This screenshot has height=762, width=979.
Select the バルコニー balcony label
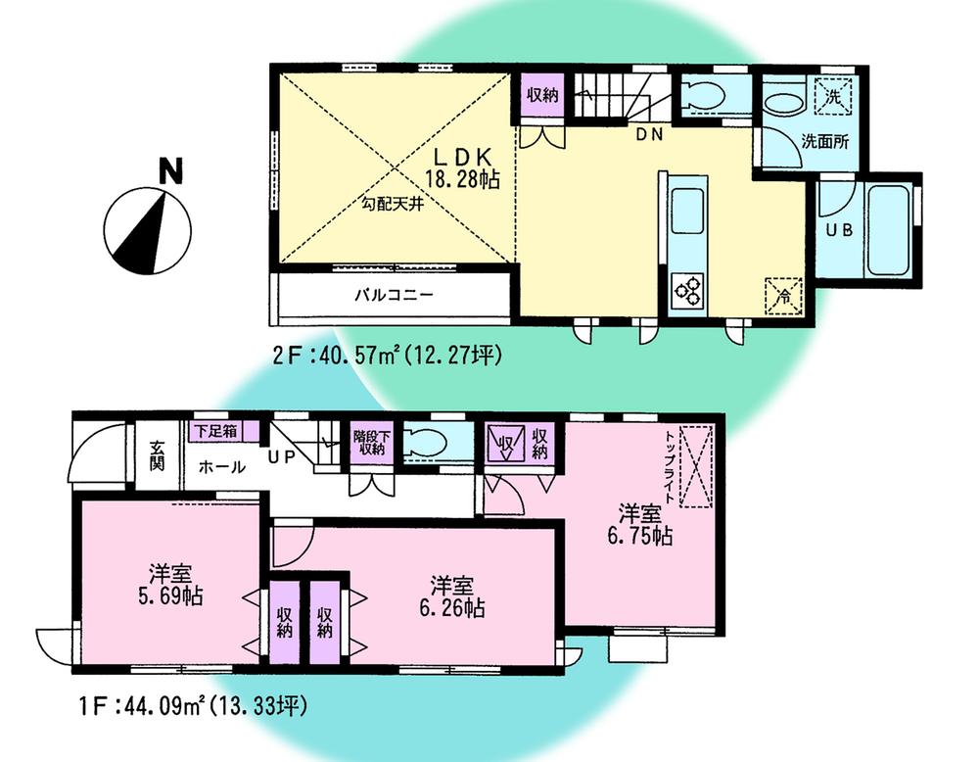coord(394,294)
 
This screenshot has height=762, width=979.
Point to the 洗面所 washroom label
coord(824,140)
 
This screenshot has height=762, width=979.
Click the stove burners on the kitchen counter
coord(687,291)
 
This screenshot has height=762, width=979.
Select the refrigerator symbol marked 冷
coord(784,292)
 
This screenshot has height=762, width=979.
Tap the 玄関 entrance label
coord(157,456)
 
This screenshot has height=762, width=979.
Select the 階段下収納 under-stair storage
coord(369,442)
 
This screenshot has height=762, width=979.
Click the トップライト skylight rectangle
coord(697,467)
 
